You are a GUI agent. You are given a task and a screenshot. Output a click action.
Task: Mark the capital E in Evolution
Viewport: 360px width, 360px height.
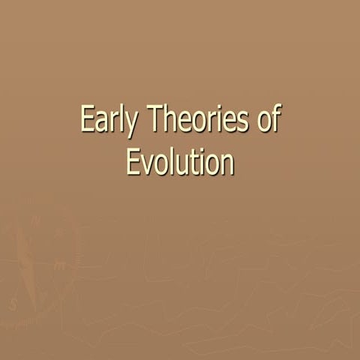[x=132, y=160]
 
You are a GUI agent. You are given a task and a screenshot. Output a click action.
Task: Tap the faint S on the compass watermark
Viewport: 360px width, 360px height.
[x=13, y=304]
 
